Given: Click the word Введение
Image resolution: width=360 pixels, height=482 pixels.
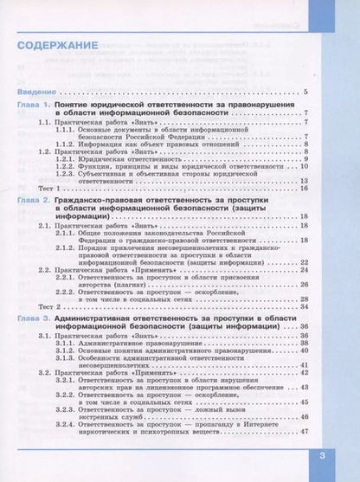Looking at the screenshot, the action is pos(34,91).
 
